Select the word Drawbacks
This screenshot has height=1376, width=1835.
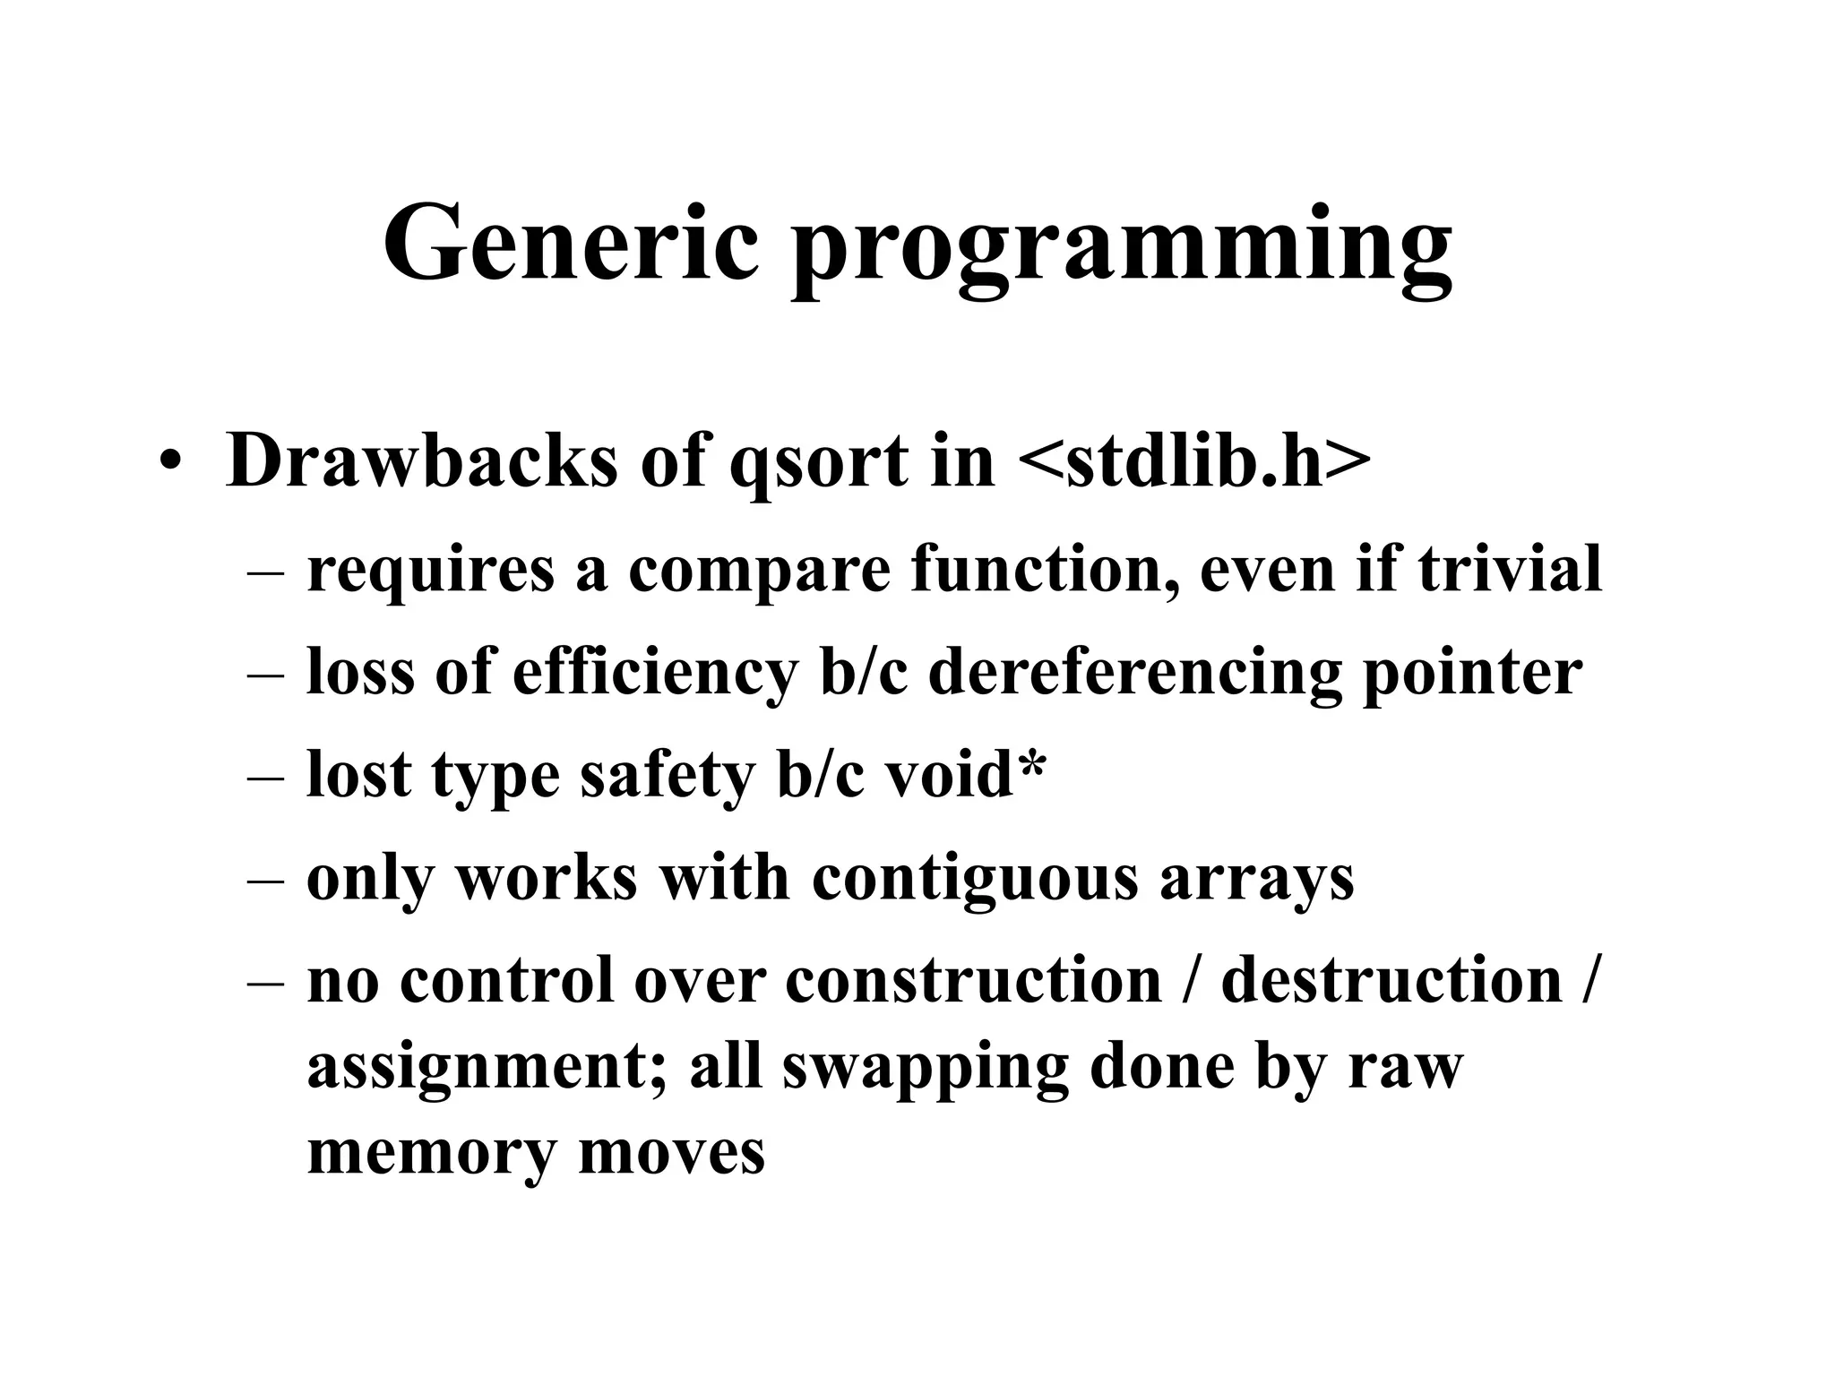(x=421, y=461)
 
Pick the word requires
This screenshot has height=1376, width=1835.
(x=430, y=571)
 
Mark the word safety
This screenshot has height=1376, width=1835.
(x=667, y=775)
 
